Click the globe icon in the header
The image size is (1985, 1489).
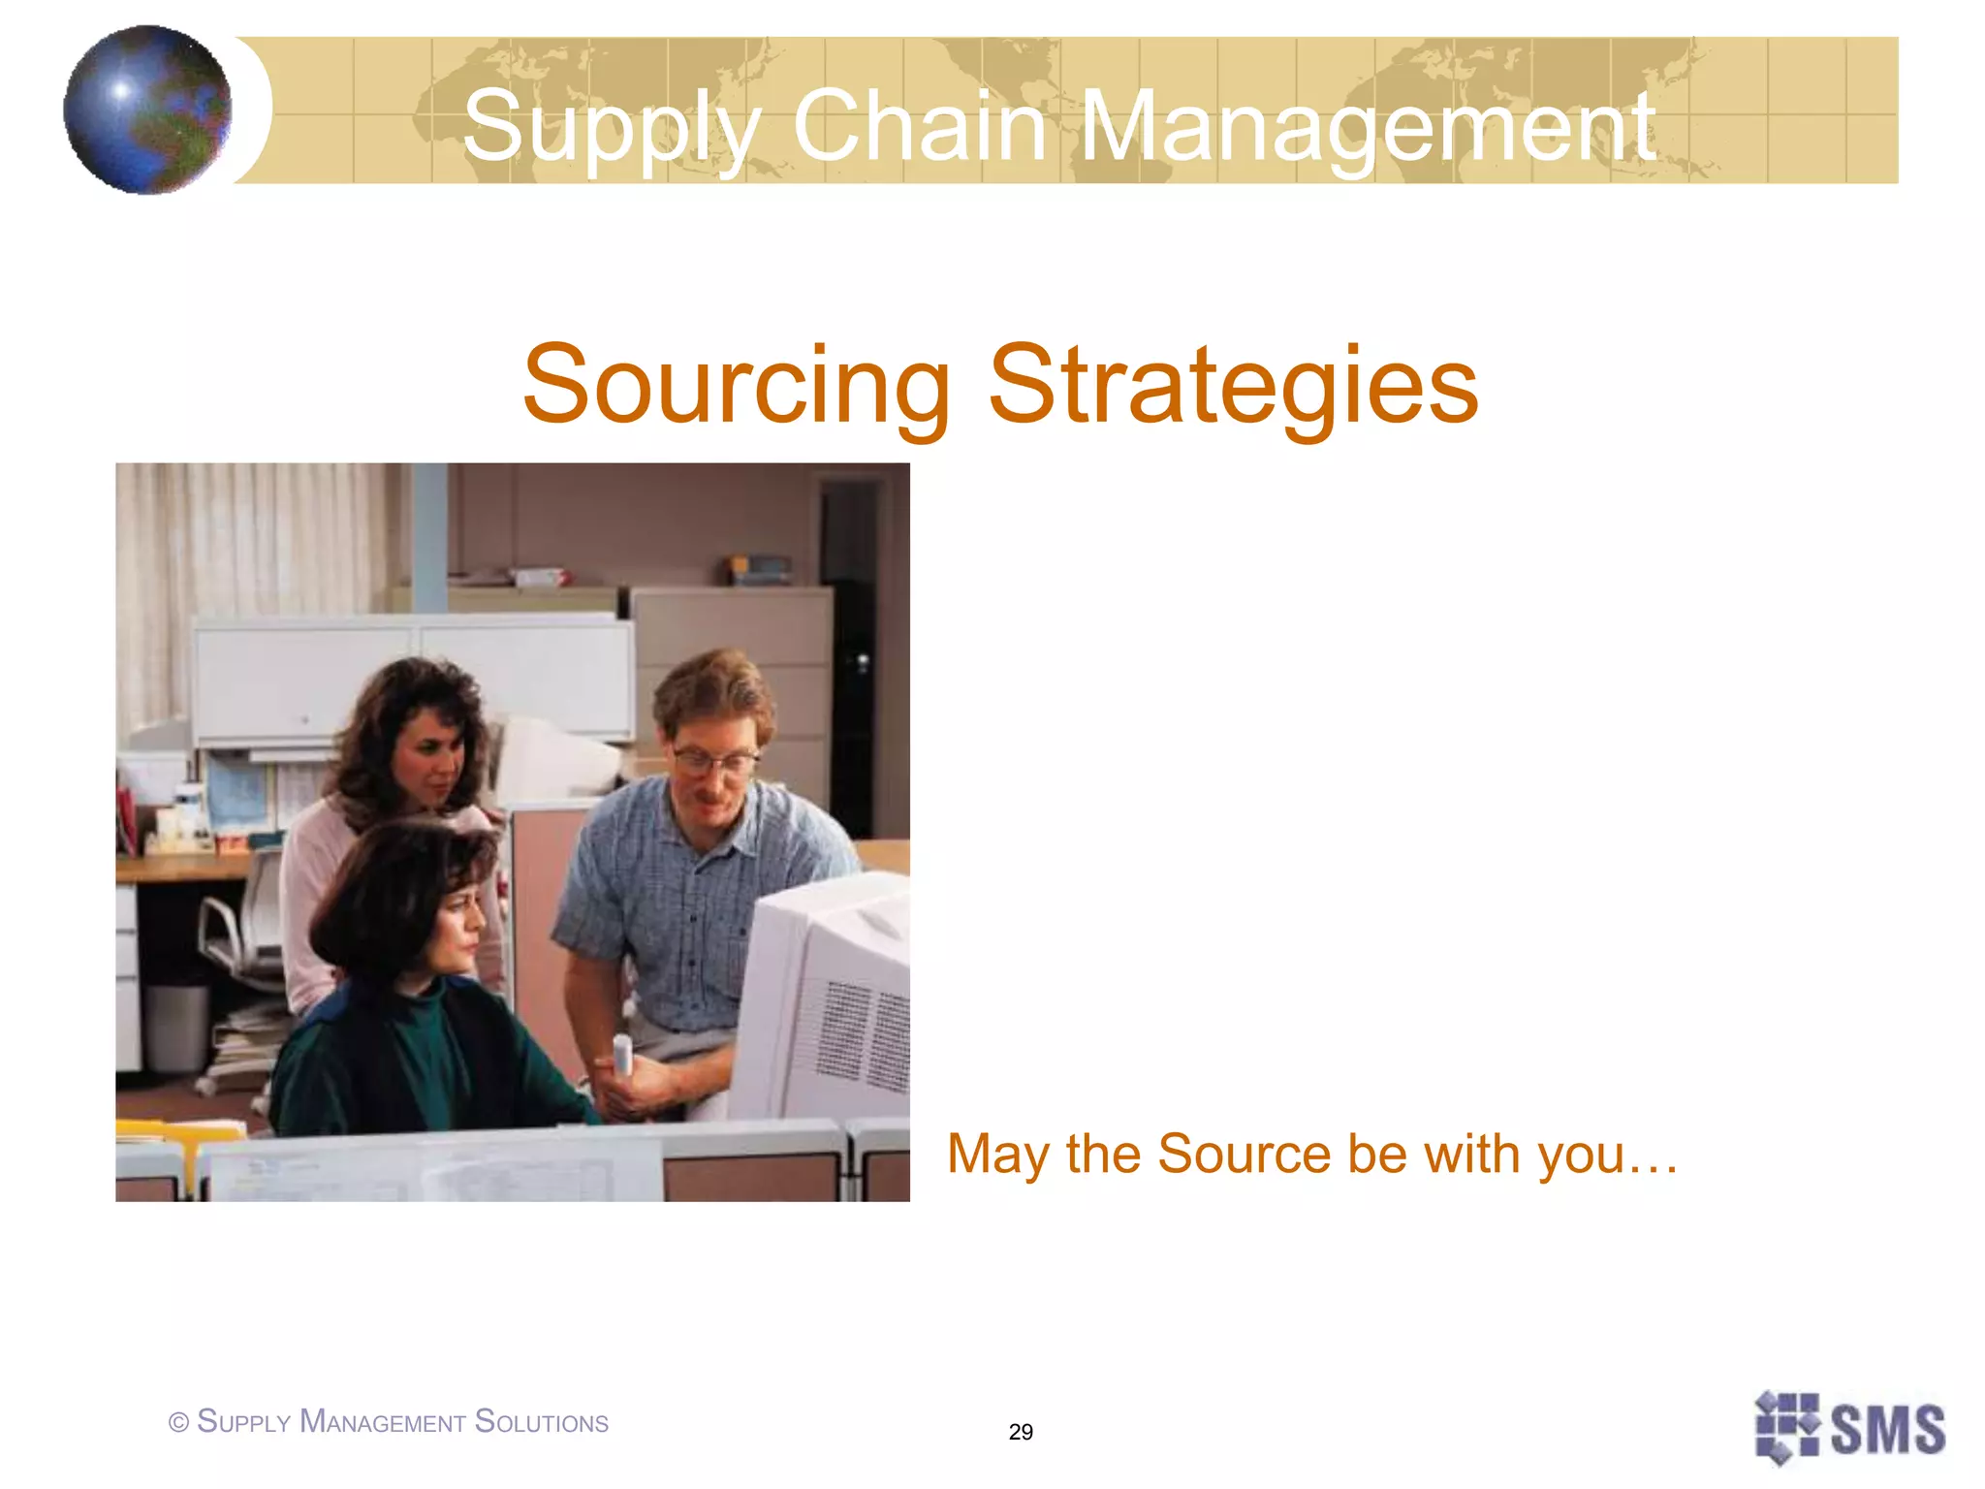147,110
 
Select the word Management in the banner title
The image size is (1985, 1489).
1367,127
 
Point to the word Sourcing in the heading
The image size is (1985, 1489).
737,386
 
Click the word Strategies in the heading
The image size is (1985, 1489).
1233,386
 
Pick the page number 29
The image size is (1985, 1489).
1021,1432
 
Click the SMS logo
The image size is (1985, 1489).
1849,1428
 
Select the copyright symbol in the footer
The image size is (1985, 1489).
178,1423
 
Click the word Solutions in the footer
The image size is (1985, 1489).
542,1422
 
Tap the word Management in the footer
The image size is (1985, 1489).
383,1422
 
